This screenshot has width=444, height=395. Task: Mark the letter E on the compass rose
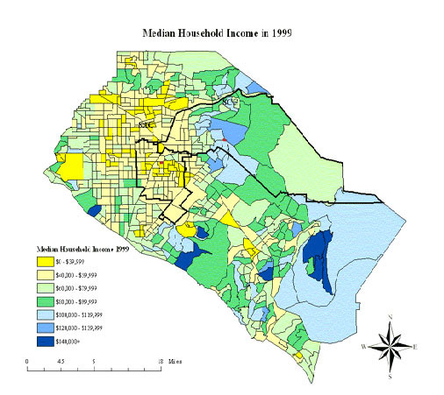click(419, 347)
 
